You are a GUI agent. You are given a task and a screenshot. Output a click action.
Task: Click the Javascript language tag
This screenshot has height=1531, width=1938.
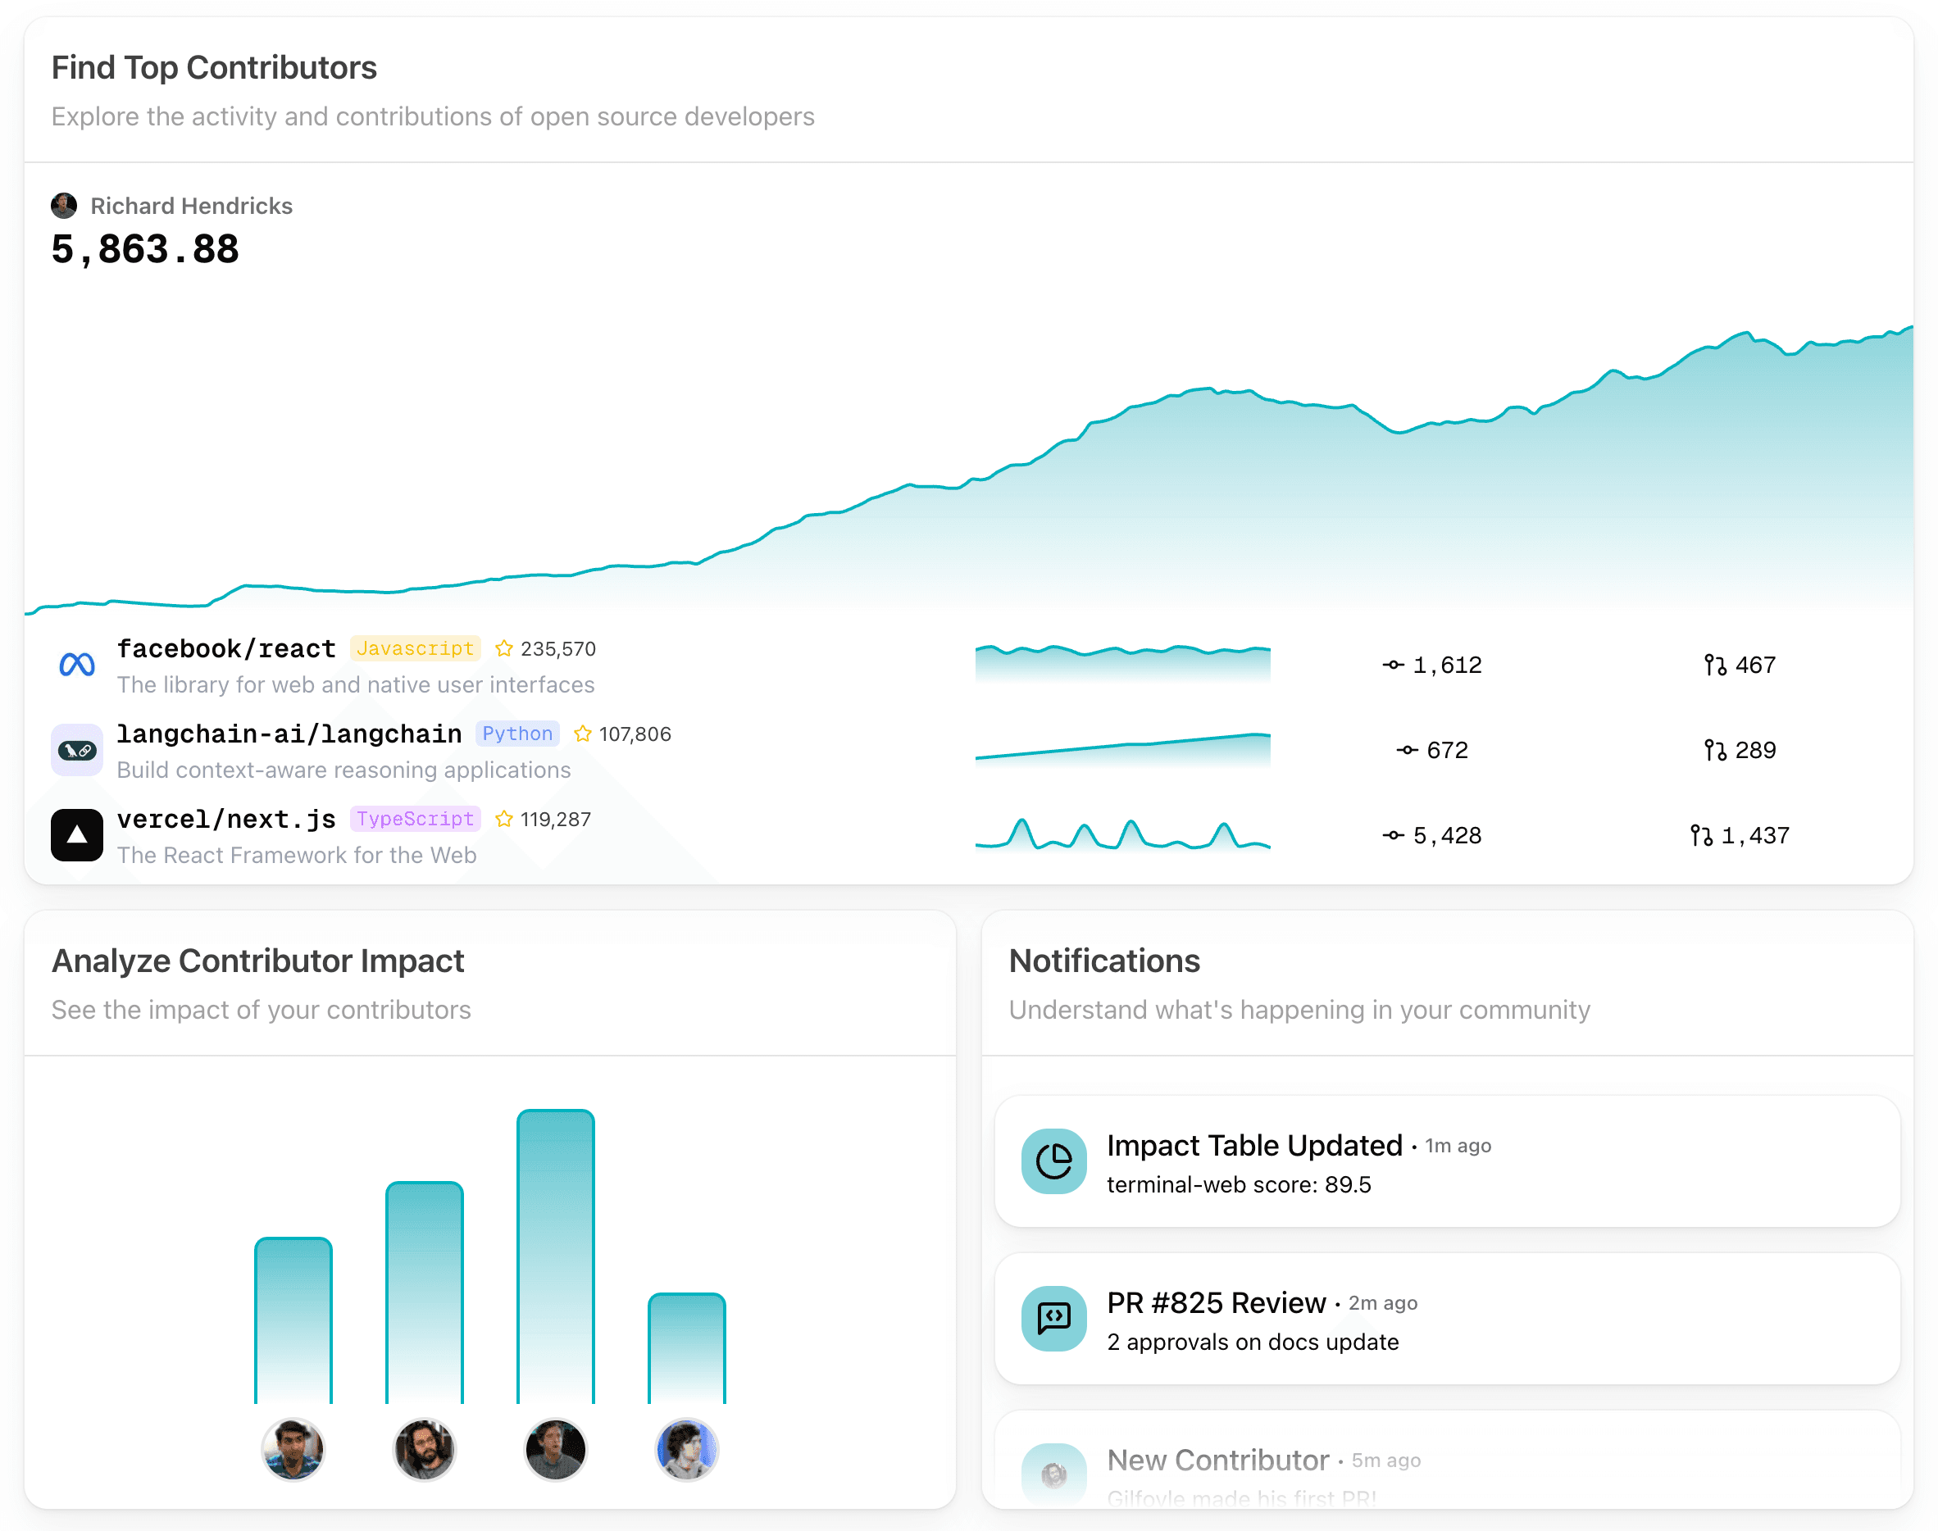[x=415, y=648]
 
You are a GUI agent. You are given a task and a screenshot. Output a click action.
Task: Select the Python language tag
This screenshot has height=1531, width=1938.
[x=517, y=734]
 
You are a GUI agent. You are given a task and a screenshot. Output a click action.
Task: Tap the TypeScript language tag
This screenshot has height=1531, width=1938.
[x=415, y=819]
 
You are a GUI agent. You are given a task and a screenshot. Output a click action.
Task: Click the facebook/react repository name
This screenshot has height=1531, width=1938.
[x=226, y=648]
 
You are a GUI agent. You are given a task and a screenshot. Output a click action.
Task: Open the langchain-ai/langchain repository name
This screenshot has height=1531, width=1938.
[x=289, y=734]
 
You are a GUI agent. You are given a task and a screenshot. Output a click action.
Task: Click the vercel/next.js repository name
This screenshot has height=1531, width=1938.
[x=226, y=819]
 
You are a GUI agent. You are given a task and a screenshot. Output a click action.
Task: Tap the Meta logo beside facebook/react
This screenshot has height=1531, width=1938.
[x=77, y=664]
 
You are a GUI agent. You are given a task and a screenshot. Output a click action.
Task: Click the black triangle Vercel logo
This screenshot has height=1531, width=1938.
[x=77, y=834]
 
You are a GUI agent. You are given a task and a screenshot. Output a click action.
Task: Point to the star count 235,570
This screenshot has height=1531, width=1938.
[x=557, y=648]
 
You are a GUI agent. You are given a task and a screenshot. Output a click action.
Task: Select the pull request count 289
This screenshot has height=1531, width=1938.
[x=1754, y=750]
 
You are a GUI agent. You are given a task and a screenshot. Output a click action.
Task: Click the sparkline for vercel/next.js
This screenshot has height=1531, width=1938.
[x=1122, y=835]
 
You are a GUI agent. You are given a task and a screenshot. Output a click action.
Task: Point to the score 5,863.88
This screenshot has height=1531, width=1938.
[x=145, y=249]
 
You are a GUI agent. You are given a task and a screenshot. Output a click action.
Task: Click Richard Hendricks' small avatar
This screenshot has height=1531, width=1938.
[x=64, y=205]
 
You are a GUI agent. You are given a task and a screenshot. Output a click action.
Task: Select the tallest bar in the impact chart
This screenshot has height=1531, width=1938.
[x=555, y=1255]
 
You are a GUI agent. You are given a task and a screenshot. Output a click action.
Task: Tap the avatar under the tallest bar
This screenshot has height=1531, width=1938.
[x=555, y=1448]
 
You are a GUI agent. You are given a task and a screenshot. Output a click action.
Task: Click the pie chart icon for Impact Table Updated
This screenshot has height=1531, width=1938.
[x=1054, y=1161]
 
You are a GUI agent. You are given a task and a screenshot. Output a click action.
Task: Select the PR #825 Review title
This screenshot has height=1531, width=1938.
[x=1216, y=1302]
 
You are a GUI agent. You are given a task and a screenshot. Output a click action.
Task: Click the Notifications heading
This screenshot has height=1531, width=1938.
[x=1104, y=961]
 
